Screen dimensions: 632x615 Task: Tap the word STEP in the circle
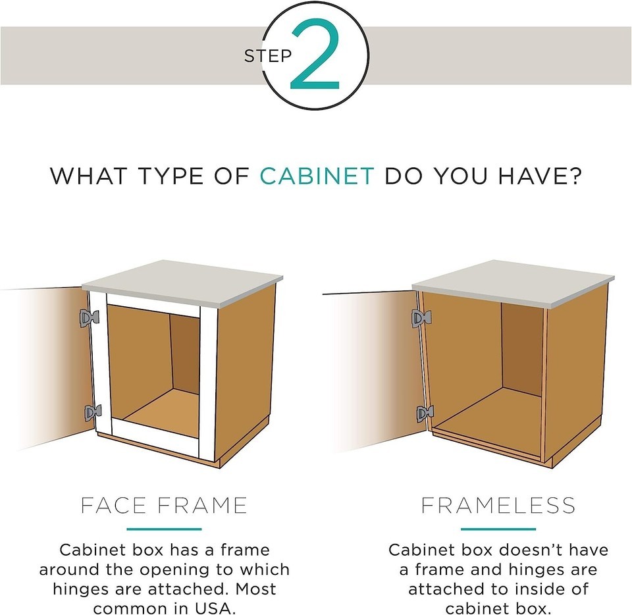pos(268,56)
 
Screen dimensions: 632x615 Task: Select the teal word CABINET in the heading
pos(317,176)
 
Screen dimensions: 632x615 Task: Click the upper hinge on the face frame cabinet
pos(89,318)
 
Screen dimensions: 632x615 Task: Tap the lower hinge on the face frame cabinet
pos(93,413)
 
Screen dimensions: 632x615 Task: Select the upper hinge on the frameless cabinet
pos(421,319)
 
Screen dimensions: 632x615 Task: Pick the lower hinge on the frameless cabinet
pos(425,413)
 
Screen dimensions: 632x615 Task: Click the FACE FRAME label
pos(164,505)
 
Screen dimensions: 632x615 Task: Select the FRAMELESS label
pos(498,505)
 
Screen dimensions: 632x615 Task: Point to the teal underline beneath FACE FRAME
pos(164,529)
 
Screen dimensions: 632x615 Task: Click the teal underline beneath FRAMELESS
pos(498,529)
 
